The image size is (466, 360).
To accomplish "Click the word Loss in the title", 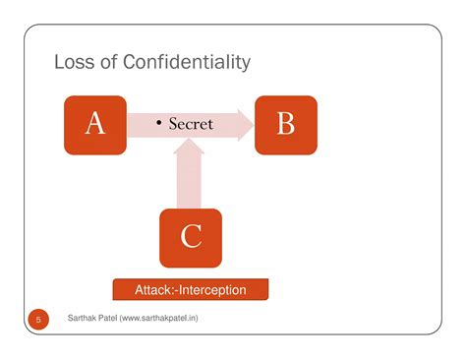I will pyautogui.click(x=75, y=63).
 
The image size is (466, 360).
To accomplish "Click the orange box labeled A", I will pyautogui.click(x=95, y=124).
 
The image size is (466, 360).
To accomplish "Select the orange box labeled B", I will pyautogui.click(x=285, y=124).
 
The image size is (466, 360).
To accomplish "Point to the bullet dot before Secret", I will pyautogui.click(x=159, y=124).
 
